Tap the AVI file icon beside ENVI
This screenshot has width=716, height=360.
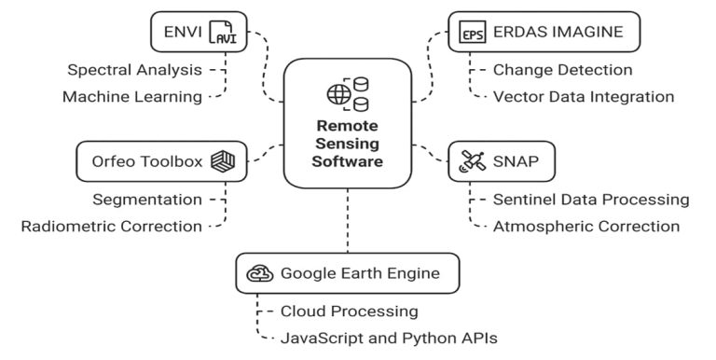223,33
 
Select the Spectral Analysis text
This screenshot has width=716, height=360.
133,69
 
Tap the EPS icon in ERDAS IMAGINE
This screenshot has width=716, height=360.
473,33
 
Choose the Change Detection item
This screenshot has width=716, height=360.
562,69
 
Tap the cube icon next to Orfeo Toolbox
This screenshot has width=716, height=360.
222,161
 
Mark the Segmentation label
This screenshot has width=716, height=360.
147,199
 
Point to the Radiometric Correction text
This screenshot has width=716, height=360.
111,226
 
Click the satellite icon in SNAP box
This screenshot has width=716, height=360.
470,162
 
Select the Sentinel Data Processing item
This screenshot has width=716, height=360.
591,199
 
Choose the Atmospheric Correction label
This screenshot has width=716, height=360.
585,226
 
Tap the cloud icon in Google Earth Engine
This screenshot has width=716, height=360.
258,273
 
